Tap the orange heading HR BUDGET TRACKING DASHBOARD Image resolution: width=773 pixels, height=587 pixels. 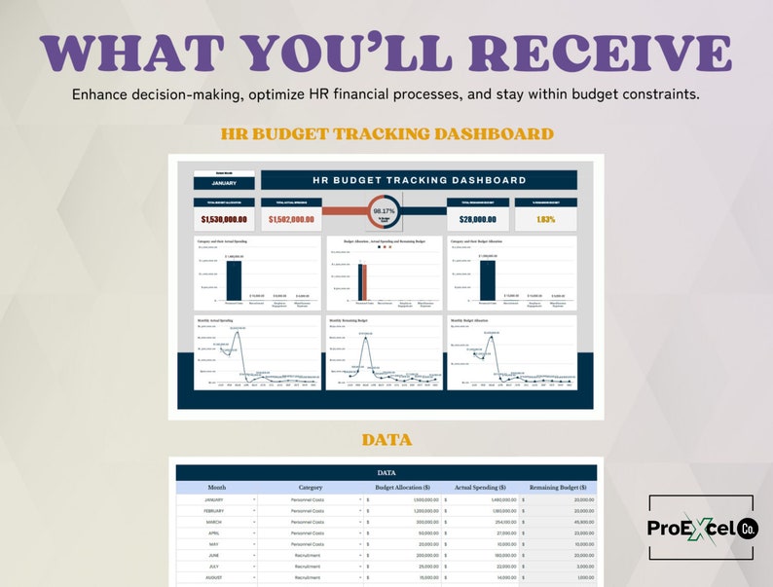(386, 133)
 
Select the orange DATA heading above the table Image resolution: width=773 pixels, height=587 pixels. (386, 440)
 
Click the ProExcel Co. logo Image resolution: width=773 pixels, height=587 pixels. (701, 528)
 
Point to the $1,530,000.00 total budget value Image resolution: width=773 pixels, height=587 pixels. (224, 219)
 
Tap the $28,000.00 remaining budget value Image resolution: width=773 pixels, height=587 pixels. (478, 219)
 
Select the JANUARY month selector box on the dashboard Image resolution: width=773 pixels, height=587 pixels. (224, 182)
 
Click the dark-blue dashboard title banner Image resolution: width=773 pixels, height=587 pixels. (419, 180)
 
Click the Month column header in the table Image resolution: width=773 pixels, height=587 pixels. (216, 487)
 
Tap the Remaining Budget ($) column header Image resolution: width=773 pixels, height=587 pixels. (558, 487)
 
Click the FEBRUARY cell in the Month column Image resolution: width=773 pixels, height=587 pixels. (214, 511)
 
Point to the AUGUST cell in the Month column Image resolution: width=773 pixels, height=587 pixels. (214, 577)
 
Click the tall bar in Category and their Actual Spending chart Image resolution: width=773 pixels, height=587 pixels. (234, 281)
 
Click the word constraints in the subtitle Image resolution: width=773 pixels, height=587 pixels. (652, 95)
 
